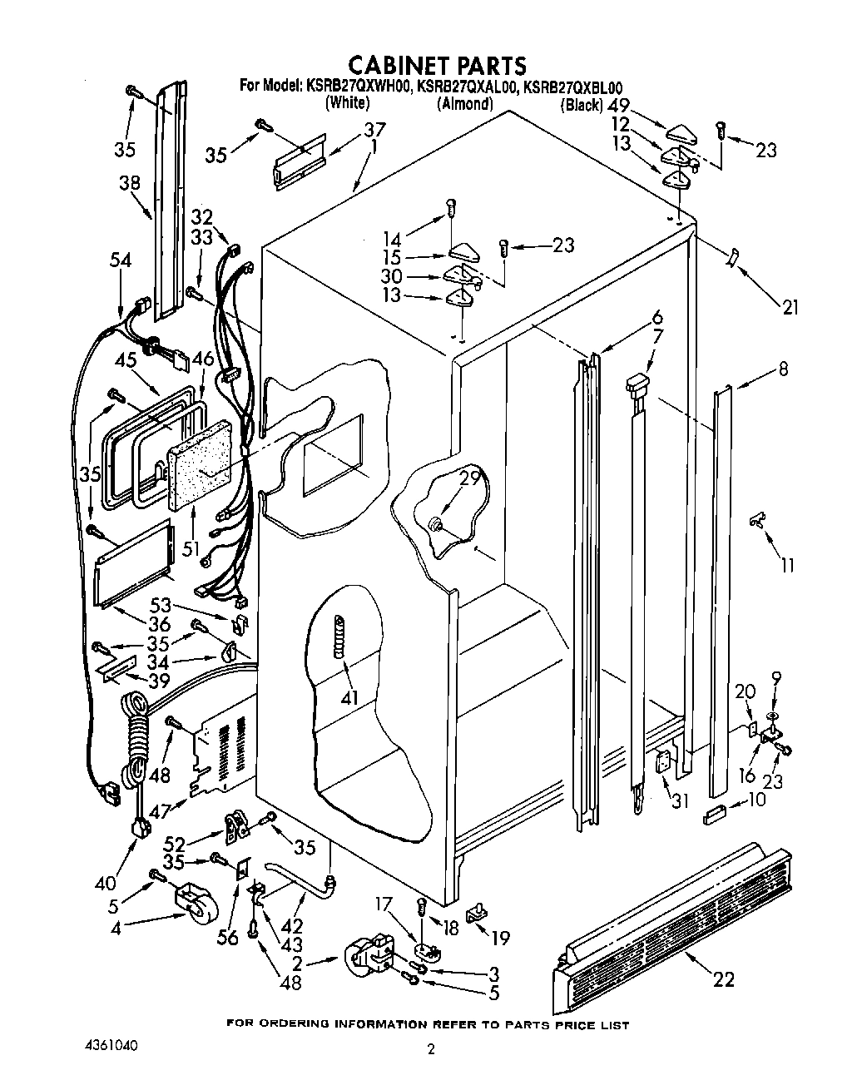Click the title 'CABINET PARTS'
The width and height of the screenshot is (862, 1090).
tap(436, 65)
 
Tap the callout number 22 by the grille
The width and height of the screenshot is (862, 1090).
tap(724, 979)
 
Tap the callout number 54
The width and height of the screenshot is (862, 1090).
tap(121, 260)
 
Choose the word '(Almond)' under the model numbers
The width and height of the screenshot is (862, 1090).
tap(465, 104)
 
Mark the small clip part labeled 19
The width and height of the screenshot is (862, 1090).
tap(477, 913)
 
